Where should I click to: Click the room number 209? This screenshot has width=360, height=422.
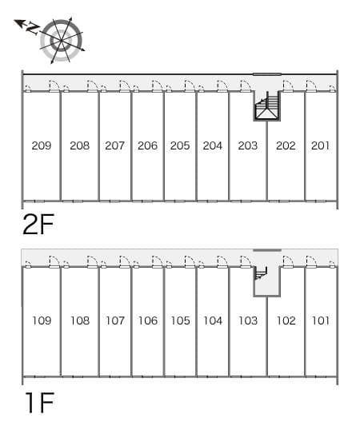42,145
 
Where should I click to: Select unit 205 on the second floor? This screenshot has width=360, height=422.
180,145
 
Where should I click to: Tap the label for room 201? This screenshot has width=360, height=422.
320,145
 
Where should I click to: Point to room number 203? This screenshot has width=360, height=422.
248,145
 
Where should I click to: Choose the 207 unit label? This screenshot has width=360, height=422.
114,145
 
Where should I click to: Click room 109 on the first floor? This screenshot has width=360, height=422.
42,320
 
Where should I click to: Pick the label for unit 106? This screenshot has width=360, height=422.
148,320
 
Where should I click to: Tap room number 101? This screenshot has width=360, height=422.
321,320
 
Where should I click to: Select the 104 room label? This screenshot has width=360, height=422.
213,320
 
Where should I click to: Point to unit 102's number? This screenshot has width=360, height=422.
286,320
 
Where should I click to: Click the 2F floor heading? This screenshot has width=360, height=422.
38,224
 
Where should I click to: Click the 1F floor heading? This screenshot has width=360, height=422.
40,402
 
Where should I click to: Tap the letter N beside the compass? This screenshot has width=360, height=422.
33,28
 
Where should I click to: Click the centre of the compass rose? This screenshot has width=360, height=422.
61,41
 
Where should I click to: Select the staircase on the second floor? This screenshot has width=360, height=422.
267,105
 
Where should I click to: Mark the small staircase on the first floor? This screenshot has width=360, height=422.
260,273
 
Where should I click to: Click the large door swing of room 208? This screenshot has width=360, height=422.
93,86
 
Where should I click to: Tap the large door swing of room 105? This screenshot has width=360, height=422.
190,261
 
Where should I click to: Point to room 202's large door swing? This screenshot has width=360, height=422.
288,86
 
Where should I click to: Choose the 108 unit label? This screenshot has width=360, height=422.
80,320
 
